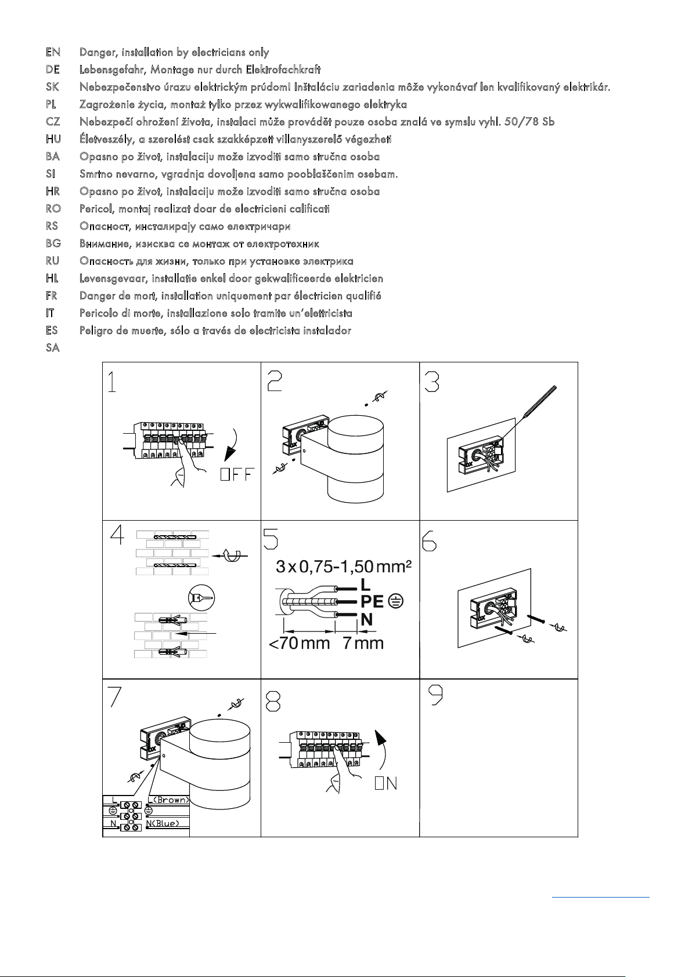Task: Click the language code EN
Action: [x=53, y=52]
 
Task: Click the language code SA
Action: [x=53, y=348]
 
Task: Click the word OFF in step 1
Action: [x=237, y=474]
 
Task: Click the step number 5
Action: [x=271, y=539]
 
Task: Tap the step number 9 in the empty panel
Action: [x=435, y=695]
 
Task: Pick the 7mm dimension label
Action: [x=363, y=644]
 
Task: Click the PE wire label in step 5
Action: [x=372, y=602]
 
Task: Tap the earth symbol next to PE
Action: [x=396, y=602]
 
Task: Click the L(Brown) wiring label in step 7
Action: [x=168, y=800]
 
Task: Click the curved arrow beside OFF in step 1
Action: [x=232, y=445]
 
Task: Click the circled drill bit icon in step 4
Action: [x=201, y=598]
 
